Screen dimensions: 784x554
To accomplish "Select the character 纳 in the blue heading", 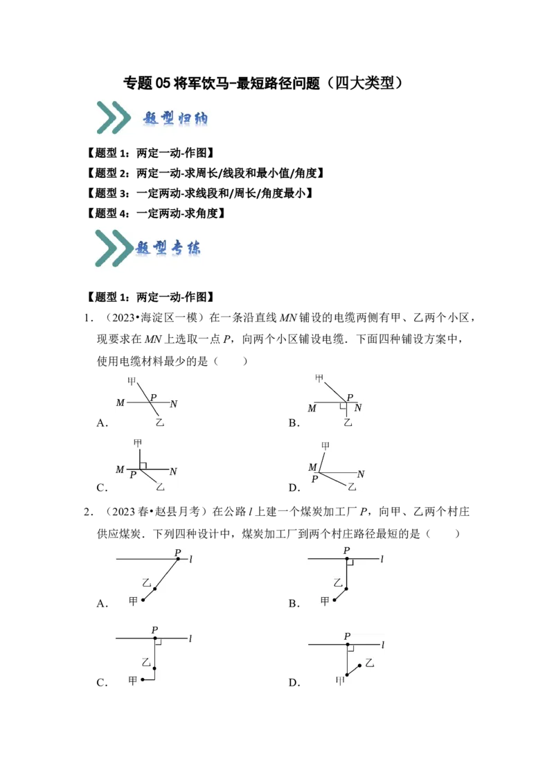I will pos(200,118).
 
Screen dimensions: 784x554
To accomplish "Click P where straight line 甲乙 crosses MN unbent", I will pos(153,397).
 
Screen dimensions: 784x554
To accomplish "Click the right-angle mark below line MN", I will pos(343,406).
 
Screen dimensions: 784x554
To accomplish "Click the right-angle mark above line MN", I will pos(143,466).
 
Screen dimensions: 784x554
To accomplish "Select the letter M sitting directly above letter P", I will pos(312,467).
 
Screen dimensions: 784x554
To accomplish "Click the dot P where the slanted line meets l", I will pos(178,558).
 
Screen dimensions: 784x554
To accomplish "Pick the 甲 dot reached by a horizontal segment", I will pos(143,679).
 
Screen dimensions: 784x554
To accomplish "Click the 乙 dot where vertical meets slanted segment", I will pos(347,589).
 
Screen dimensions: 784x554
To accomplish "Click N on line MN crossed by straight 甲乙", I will pos(174,404).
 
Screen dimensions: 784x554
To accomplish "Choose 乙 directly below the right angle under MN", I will pos(348,422).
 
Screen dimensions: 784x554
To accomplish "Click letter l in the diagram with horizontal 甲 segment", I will pos(190,639).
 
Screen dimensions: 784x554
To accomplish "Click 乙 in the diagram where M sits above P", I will pos(352,487).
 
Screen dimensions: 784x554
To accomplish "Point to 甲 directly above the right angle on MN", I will pos(138,443).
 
